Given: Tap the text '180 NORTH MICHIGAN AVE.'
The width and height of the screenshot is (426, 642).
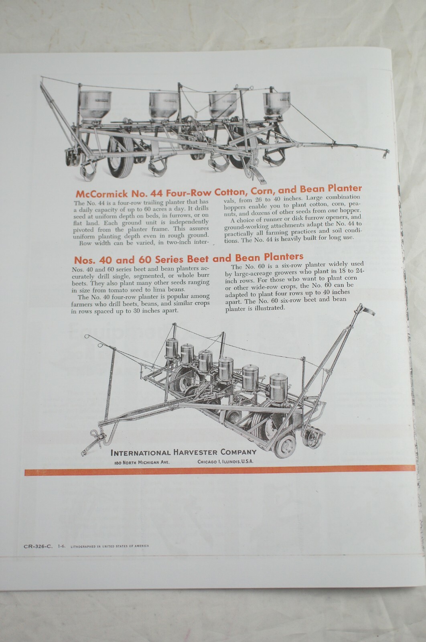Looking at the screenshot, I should (x=142, y=462).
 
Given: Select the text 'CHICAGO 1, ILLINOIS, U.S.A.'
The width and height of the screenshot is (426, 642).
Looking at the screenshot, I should (x=225, y=462).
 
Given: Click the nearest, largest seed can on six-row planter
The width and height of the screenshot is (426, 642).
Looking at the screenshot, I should (x=278, y=387).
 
